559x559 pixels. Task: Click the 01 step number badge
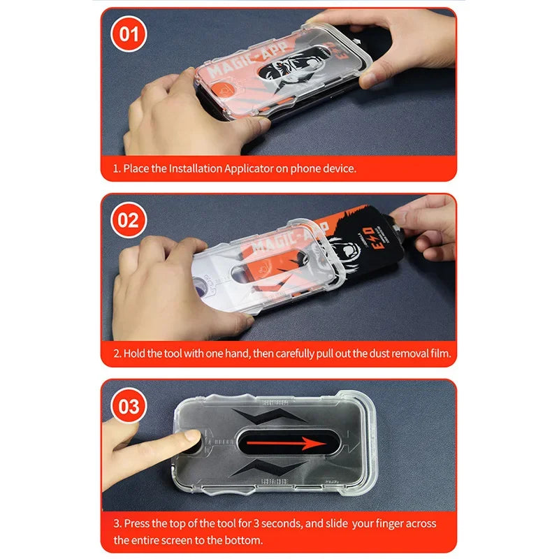[x=129, y=34]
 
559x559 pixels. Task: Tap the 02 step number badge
[x=129, y=220]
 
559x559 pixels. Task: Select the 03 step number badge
[x=129, y=406]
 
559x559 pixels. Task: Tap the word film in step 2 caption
[x=439, y=354]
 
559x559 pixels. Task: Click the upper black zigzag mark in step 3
[x=273, y=415]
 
